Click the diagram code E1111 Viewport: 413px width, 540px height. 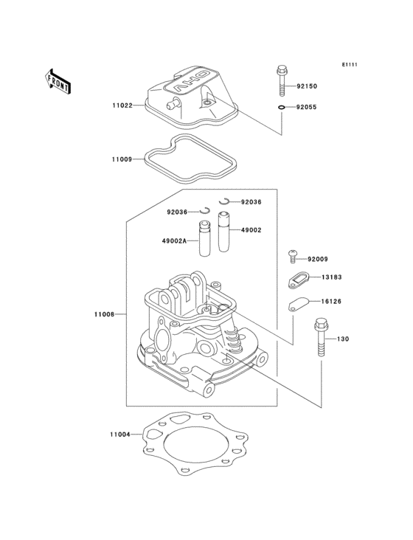349,65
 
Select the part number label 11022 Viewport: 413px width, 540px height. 122,105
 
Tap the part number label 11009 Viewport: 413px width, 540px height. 122,159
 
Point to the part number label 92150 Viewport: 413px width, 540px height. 308,86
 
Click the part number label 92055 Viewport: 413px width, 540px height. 308,108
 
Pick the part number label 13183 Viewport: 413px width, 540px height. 331,278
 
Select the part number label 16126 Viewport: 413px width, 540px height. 331,302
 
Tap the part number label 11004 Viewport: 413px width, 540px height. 120,435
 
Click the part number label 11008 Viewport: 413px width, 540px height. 104,315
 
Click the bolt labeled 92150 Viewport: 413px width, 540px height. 282,80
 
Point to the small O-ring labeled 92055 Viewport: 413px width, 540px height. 283,108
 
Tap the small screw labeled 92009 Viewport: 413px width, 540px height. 294,256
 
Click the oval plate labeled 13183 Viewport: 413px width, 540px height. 297,280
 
